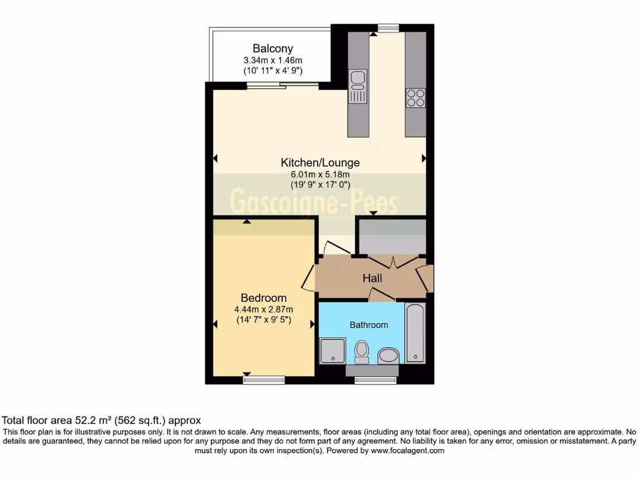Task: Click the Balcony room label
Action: click(273, 48)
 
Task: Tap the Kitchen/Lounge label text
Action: click(320, 162)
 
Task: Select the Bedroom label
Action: click(263, 298)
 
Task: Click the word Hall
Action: click(373, 278)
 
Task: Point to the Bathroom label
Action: click(368, 324)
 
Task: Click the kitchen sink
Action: click(358, 87)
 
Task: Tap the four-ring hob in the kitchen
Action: click(416, 98)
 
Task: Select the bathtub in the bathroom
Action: click(415, 333)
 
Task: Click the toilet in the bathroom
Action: click(361, 352)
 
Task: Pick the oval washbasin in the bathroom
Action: click(388, 356)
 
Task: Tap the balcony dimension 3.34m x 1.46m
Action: click(273, 60)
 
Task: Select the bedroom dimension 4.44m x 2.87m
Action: click(263, 309)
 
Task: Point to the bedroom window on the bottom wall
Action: click(263, 380)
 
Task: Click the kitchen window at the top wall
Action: click(388, 27)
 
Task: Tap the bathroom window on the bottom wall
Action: click(372, 380)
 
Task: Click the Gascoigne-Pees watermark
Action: click(314, 202)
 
